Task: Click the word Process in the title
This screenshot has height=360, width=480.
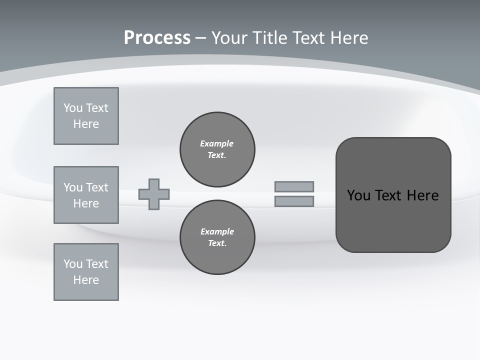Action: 157,38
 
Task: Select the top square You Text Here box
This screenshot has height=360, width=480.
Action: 86,116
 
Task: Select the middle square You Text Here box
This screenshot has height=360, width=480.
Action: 86,195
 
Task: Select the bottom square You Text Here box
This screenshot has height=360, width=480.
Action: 86,272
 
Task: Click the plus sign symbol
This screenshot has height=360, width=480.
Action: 154,194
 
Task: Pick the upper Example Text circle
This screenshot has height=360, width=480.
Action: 217,149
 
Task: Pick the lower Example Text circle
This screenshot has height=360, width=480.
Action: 217,237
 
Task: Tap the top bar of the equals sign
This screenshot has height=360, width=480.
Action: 294,186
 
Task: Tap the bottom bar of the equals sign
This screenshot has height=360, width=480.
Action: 294,201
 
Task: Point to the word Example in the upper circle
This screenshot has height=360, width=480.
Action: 217,143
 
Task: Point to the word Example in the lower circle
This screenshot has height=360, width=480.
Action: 217,231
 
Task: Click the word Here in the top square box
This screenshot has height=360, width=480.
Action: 86,124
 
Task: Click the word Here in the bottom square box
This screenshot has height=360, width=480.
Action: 86,280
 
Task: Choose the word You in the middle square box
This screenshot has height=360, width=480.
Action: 72,187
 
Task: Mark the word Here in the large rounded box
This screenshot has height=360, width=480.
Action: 422,195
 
